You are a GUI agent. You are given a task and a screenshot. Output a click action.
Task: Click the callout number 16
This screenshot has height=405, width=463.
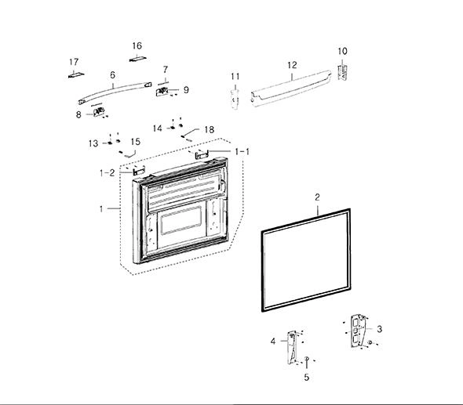[x=137, y=45]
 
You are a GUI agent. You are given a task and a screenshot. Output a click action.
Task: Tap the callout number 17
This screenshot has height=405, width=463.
[x=74, y=62]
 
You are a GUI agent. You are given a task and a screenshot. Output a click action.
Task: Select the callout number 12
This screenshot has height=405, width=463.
[x=292, y=65]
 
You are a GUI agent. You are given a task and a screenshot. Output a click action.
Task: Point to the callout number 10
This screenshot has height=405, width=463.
[x=342, y=51]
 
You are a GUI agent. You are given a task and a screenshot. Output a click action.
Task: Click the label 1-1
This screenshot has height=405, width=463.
[x=242, y=151]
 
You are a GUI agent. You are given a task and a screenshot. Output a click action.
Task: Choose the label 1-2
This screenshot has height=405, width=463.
[x=108, y=172]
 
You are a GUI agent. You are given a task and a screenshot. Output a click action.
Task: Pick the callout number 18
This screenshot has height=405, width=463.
[x=209, y=129]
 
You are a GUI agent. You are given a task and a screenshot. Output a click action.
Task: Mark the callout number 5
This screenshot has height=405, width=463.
[x=307, y=377]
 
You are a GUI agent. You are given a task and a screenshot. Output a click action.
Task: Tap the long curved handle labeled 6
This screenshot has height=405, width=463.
[x=115, y=91]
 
